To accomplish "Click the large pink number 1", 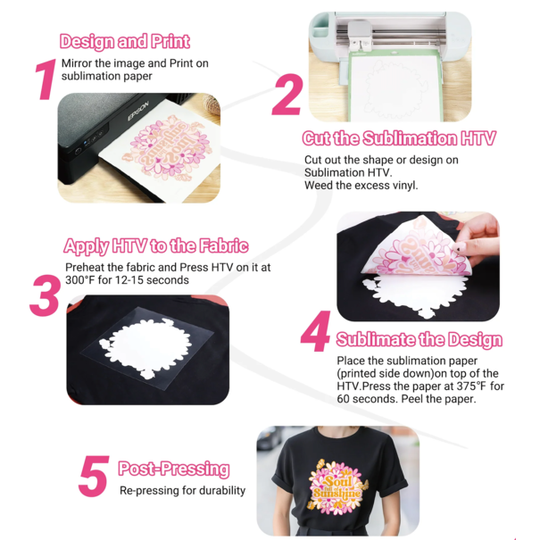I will pos(45,79).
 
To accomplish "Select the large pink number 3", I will pos(44,294).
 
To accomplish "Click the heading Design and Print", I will pos(124,41).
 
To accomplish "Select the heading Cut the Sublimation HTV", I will pos(398,138).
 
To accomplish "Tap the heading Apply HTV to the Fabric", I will pos(155,246).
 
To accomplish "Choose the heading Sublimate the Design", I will pos(419,340).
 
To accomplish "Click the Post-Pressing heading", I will pos(173,469).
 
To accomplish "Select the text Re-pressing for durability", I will pos(182,490).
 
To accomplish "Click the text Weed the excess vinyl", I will pos(361,185).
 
